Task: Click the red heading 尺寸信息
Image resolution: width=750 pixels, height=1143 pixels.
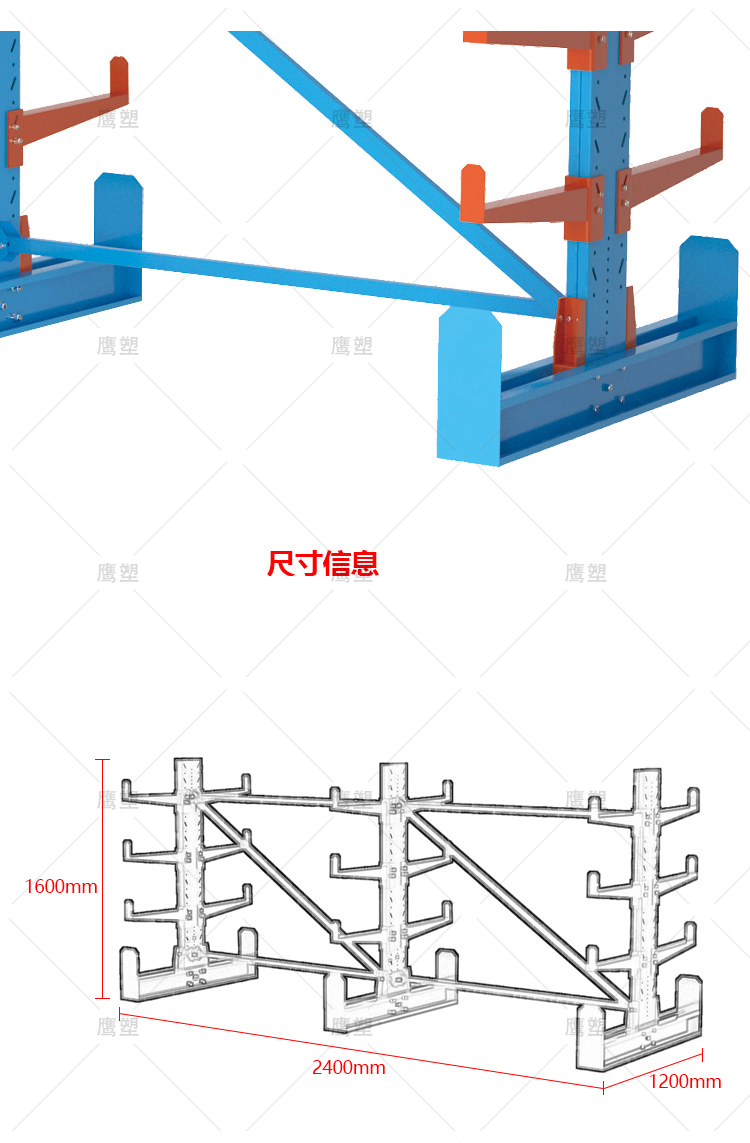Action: click(x=323, y=563)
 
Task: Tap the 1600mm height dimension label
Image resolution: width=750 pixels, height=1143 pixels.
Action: click(x=61, y=886)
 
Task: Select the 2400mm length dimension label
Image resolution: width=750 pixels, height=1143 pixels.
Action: click(x=348, y=1067)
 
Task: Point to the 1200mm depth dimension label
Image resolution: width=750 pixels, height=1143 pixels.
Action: click(x=685, y=1081)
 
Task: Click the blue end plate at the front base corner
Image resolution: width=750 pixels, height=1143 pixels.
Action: click(x=468, y=385)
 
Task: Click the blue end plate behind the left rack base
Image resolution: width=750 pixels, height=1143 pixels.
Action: click(x=118, y=210)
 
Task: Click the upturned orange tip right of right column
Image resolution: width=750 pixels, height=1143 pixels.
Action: click(x=712, y=130)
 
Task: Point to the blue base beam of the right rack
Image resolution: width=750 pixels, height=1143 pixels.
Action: click(x=620, y=400)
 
